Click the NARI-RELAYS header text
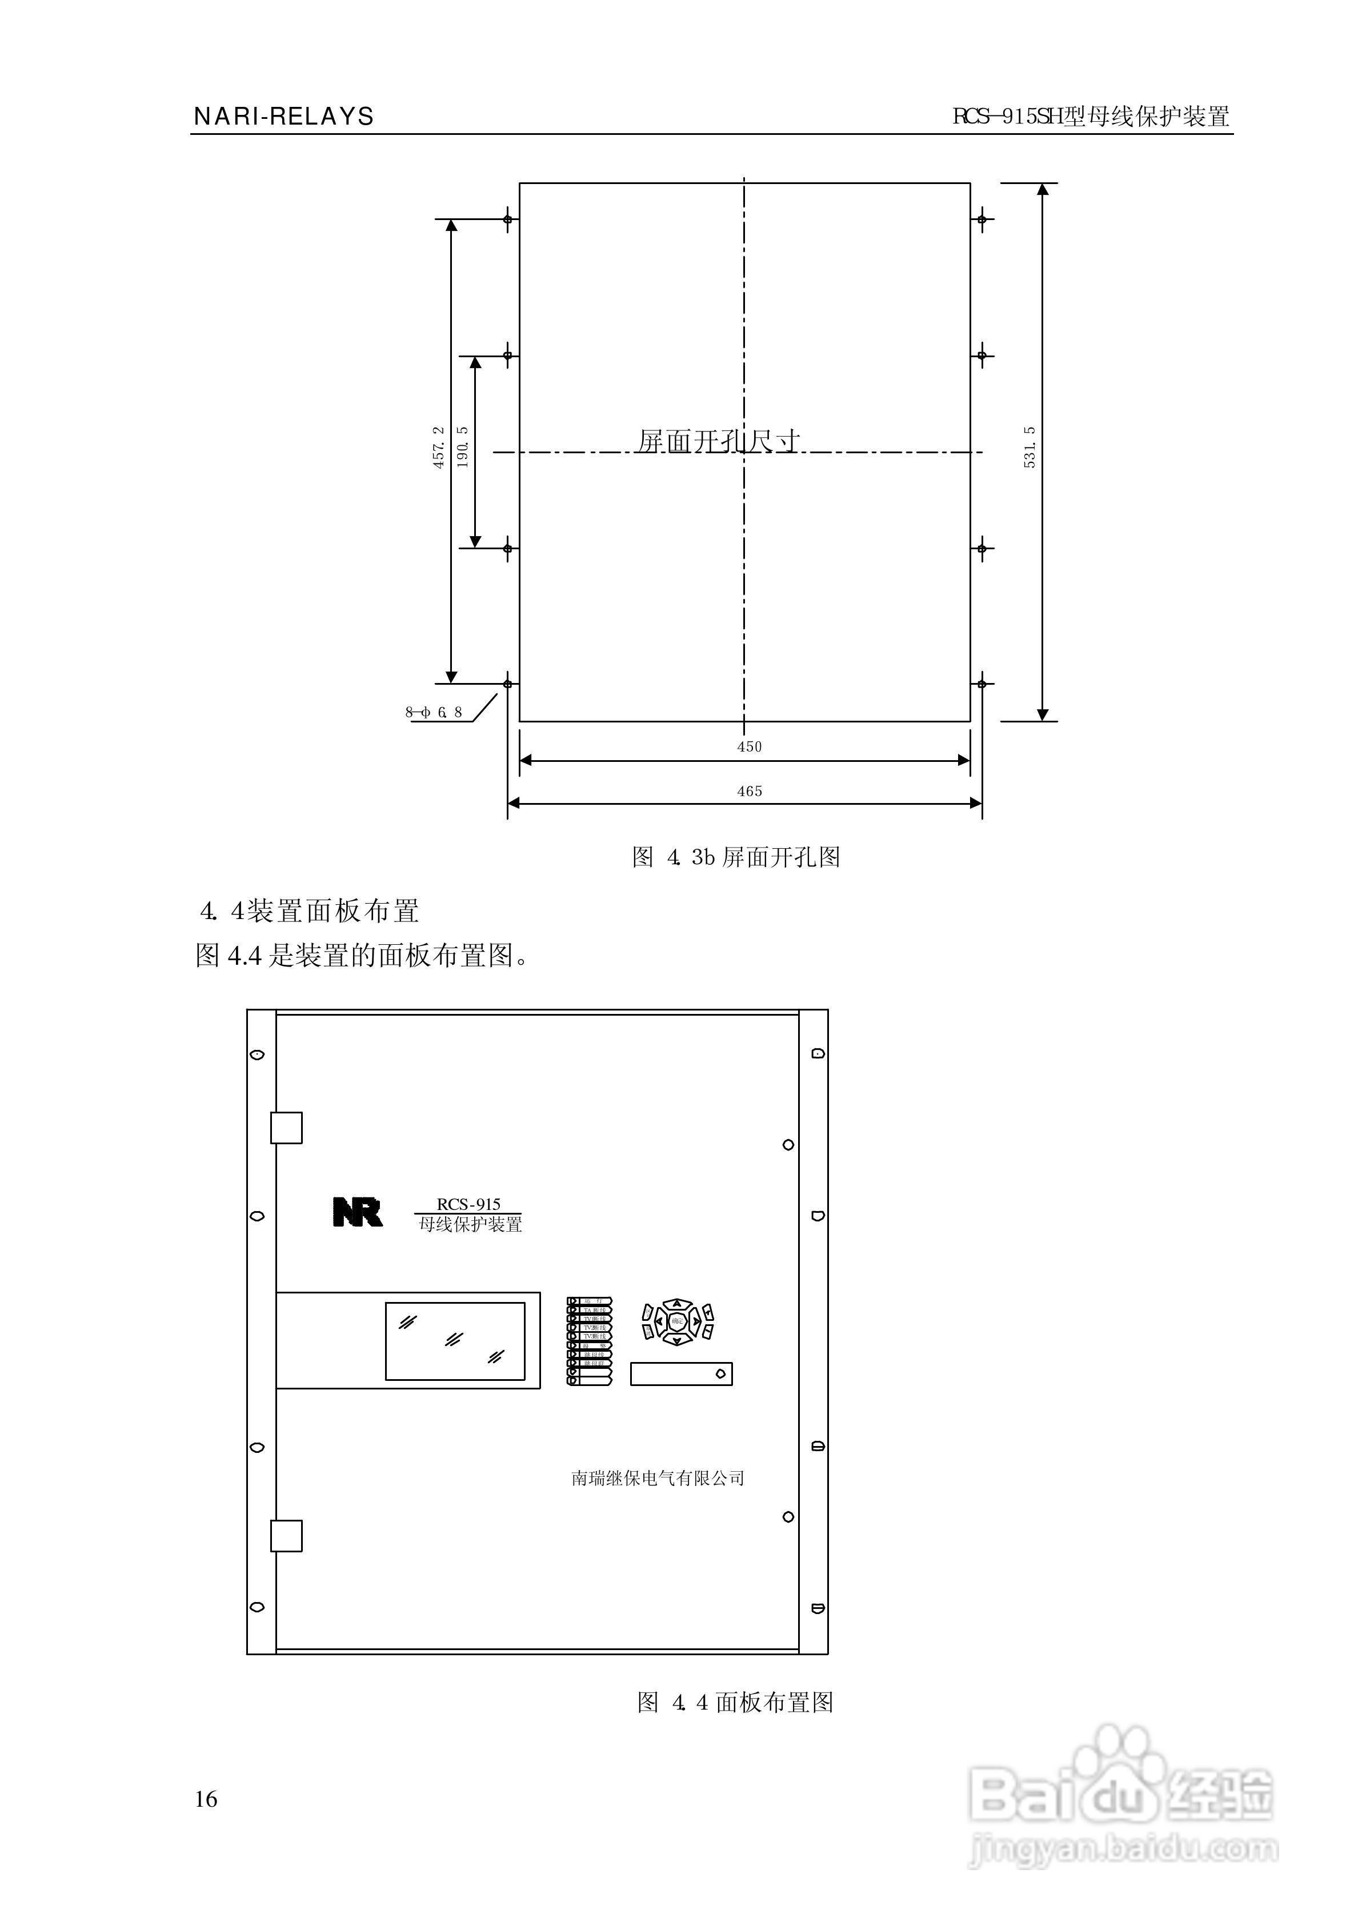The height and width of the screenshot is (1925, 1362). (x=283, y=117)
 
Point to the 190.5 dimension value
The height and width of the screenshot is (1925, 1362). (x=463, y=447)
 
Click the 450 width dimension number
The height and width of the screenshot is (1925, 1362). (x=749, y=746)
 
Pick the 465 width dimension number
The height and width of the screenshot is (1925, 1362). (x=749, y=791)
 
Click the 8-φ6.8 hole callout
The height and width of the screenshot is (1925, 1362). (x=434, y=713)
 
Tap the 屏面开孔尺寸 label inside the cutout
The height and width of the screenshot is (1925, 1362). (x=719, y=441)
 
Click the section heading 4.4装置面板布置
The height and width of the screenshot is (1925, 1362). (x=310, y=911)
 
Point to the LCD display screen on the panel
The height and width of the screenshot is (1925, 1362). (x=455, y=1340)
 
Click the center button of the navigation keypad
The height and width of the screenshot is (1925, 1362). (x=677, y=1323)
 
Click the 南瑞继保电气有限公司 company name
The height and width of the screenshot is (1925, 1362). (x=658, y=1478)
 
